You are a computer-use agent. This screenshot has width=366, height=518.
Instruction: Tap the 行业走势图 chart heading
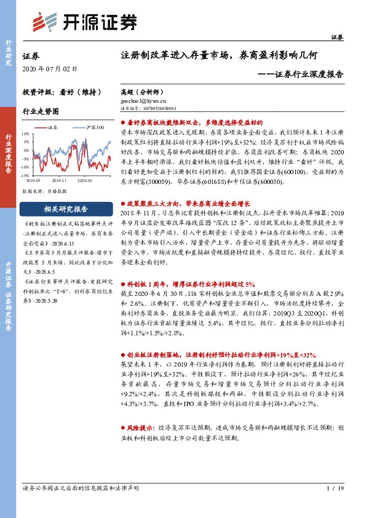point(41,111)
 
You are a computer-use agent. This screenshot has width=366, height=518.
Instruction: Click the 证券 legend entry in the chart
point(50,127)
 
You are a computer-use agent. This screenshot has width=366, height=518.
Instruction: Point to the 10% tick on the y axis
point(25,133)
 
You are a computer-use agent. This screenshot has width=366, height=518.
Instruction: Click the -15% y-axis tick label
point(25,175)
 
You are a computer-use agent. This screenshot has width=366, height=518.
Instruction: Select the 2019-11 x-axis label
point(60,181)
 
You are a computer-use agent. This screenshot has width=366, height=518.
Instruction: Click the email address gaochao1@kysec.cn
point(145,98)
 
